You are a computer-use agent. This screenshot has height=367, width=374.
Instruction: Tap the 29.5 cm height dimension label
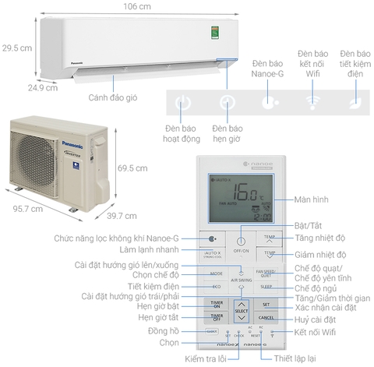[15, 48]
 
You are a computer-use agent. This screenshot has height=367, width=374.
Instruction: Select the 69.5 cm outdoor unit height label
[132, 168]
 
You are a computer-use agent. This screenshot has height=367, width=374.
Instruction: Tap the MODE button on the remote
[216, 273]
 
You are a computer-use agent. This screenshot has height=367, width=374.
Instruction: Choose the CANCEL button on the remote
[266, 317]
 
